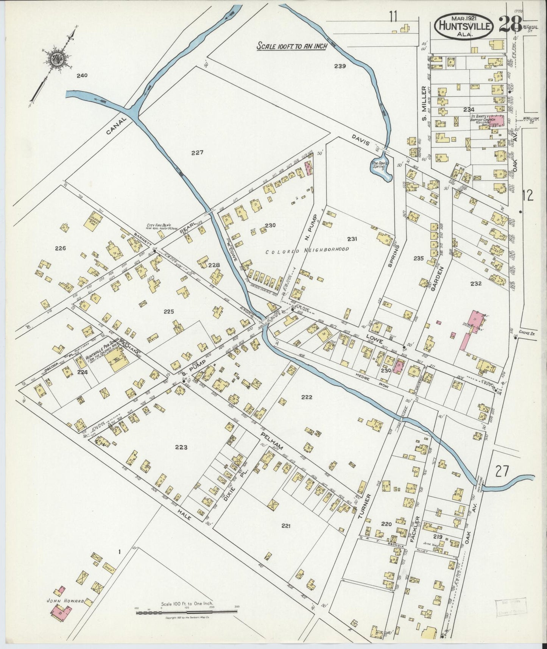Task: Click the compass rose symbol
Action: pyautogui.click(x=58, y=59)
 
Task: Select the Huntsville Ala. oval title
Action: pyautogui.click(x=465, y=26)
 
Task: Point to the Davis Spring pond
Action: pyautogui.click(x=380, y=170)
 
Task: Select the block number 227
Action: pyautogui.click(x=197, y=153)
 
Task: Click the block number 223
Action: pyautogui.click(x=181, y=447)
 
